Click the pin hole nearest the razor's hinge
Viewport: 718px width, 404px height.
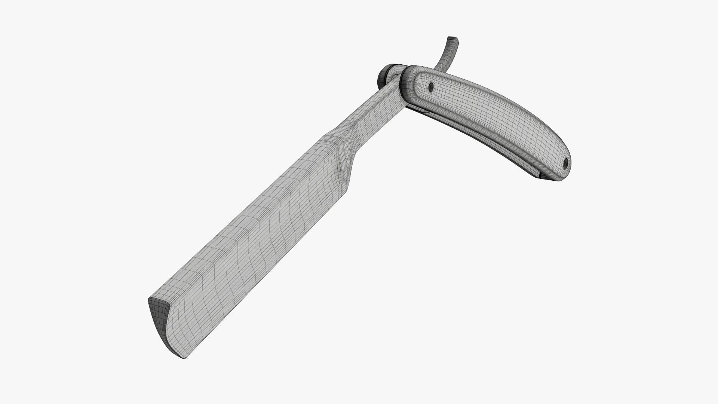(430, 87)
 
